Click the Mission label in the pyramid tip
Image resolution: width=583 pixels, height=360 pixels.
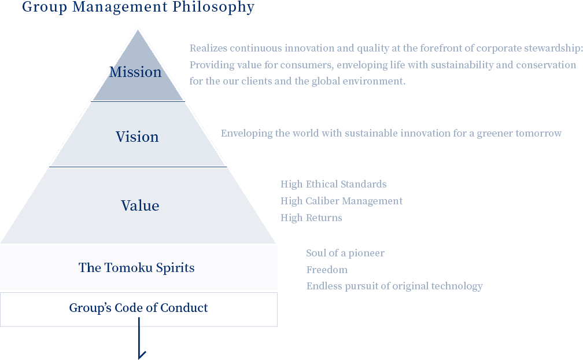tap(136, 72)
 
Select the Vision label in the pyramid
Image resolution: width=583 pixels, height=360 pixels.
tap(137, 137)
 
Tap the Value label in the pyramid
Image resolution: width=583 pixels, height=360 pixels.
tap(140, 205)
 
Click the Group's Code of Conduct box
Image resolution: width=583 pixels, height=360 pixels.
tap(138, 308)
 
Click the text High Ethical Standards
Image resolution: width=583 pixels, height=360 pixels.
tap(333, 184)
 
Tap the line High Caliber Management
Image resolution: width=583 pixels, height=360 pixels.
tap(341, 201)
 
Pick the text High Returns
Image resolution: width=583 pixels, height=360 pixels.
tap(311, 218)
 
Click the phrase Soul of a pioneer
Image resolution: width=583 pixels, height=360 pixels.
tap(345, 253)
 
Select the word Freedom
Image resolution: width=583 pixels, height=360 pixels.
tap(327, 270)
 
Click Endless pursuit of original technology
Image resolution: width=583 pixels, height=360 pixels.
tap(394, 286)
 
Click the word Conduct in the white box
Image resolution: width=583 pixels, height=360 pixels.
tap(186, 308)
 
